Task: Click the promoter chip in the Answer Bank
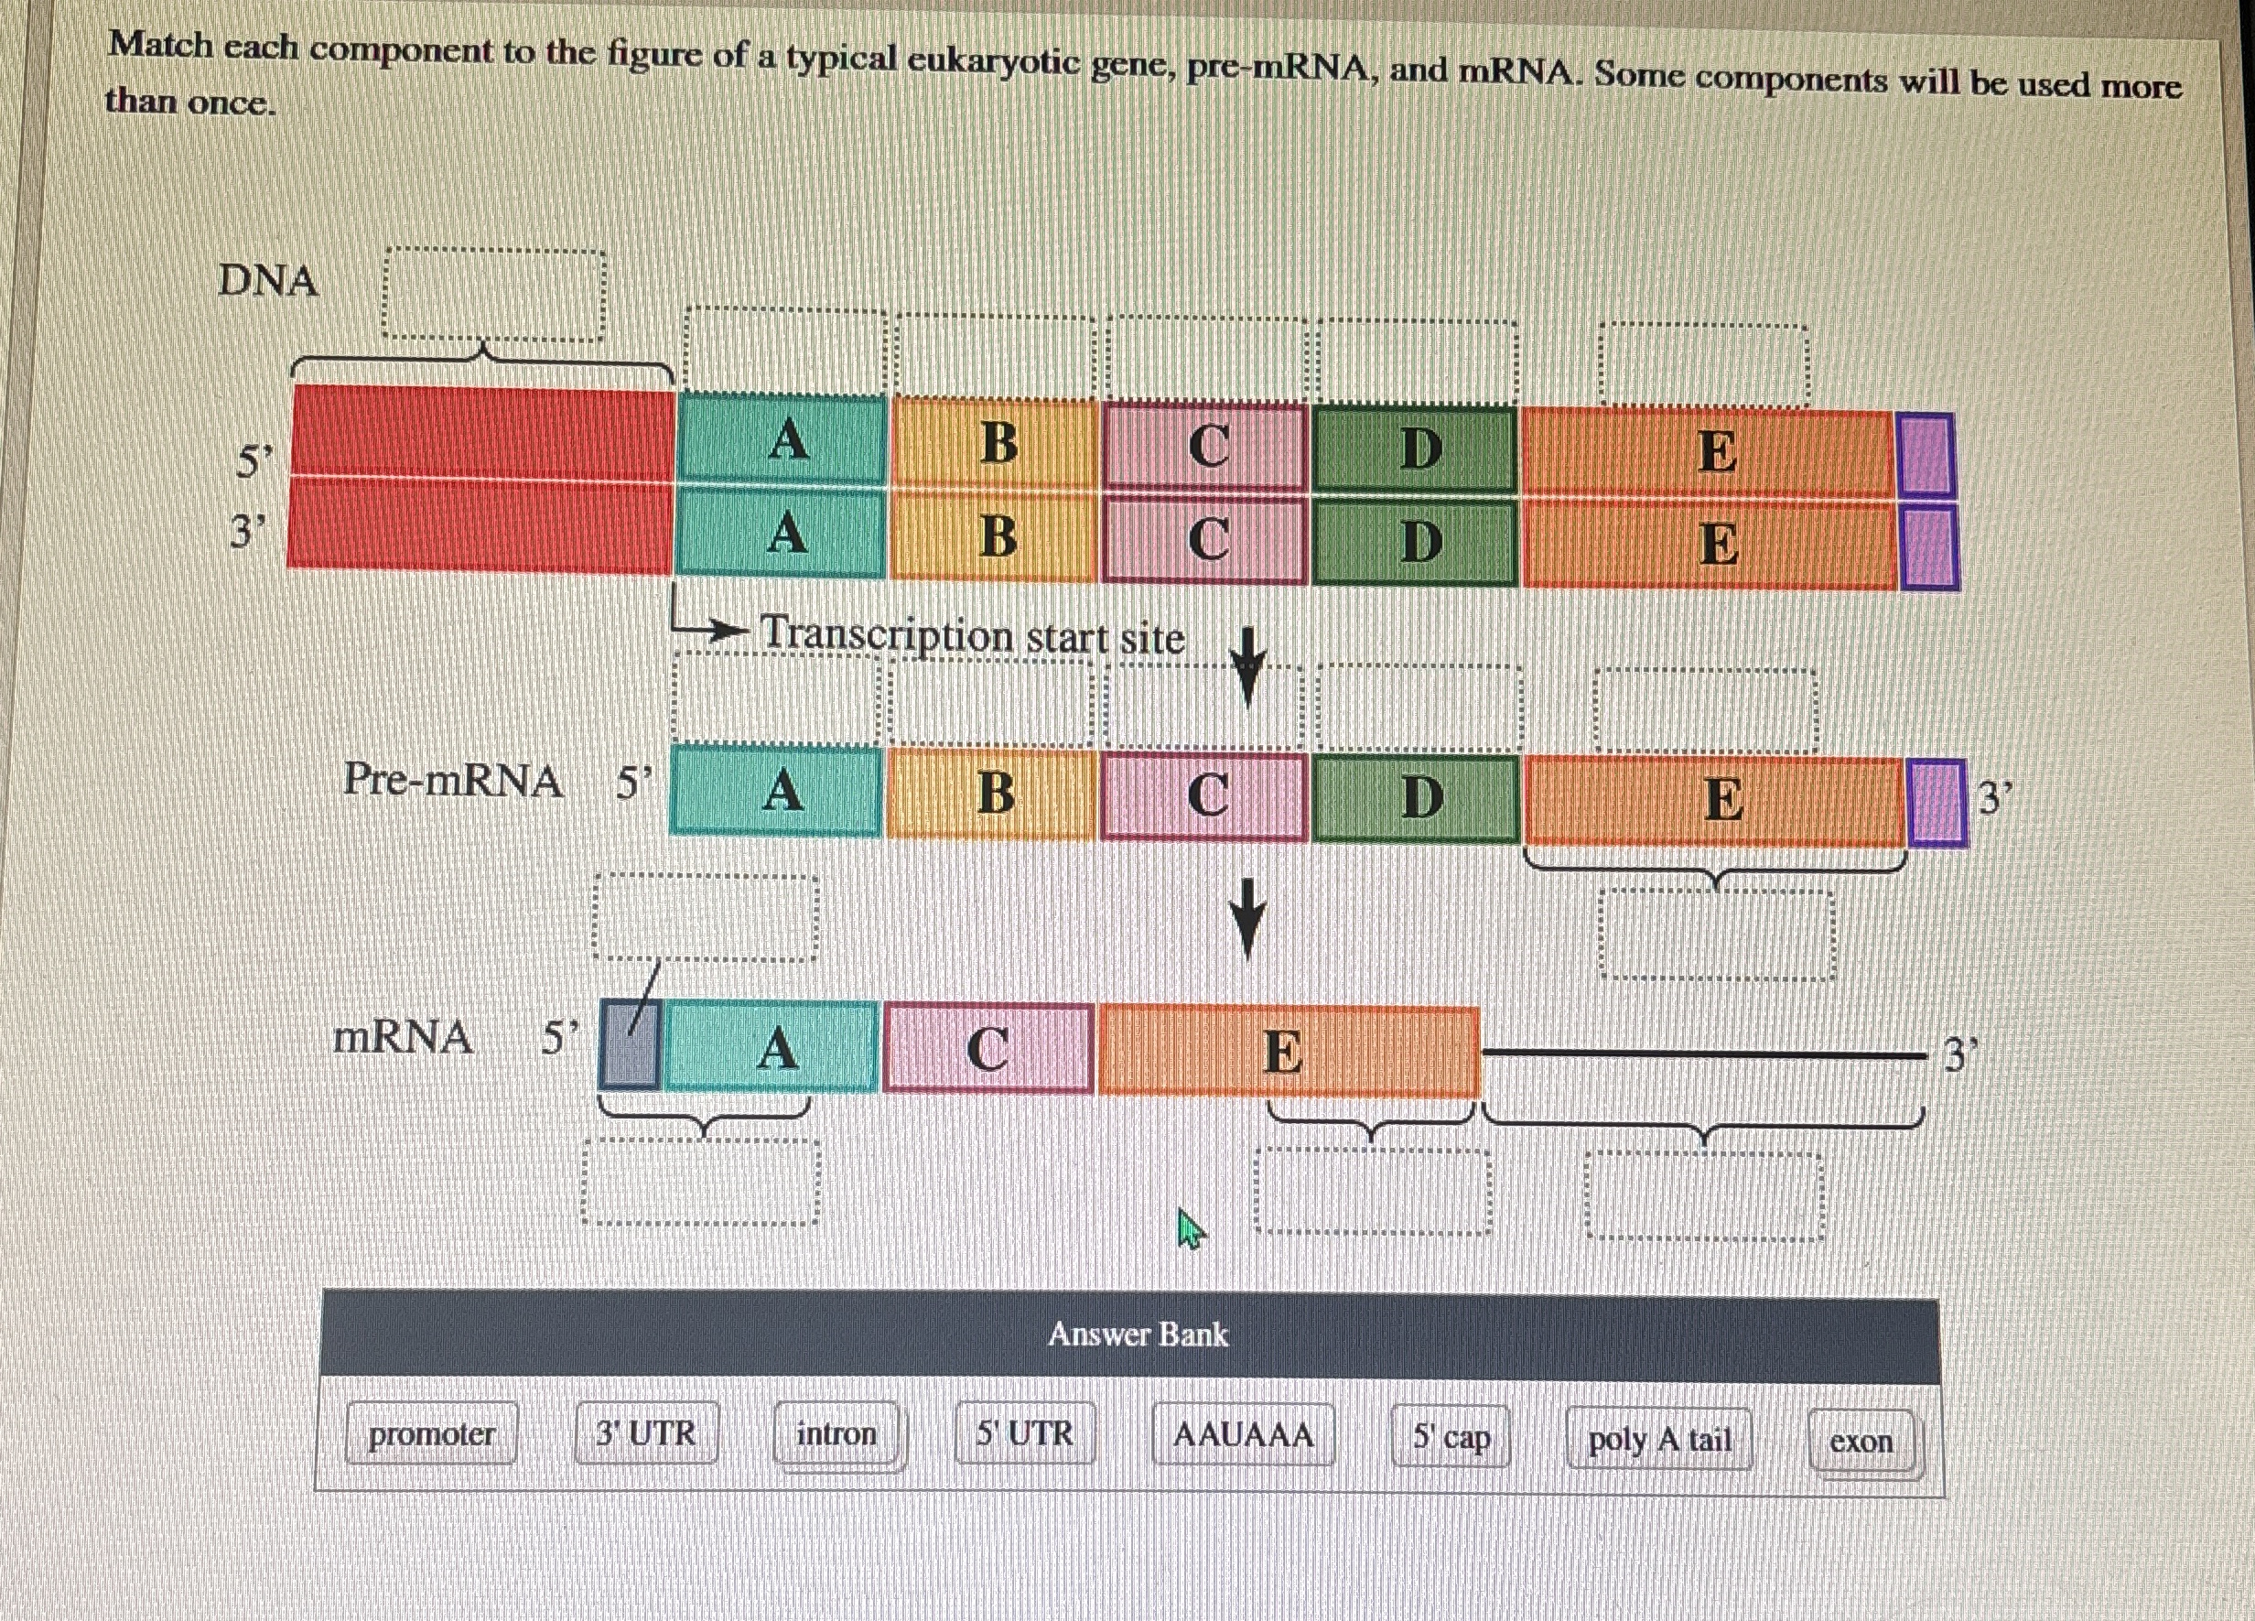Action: click(432, 1433)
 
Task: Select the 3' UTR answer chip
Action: click(646, 1433)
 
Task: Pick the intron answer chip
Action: click(837, 1434)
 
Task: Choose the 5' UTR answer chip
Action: click(1024, 1433)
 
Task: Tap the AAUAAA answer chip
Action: click(1243, 1435)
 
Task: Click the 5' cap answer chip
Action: click(1451, 1437)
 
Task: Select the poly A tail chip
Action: click(1658, 1439)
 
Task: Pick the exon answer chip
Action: click(1861, 1441)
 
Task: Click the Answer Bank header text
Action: click(1138, 1334)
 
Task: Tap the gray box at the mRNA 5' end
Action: click(630, 1046)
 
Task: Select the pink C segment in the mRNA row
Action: click(988, 1048)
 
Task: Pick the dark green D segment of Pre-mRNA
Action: click(1418, 797)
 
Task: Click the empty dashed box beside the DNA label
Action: click(494, 296)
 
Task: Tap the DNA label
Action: click(267, 280)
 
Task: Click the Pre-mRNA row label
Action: click(452, 780)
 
